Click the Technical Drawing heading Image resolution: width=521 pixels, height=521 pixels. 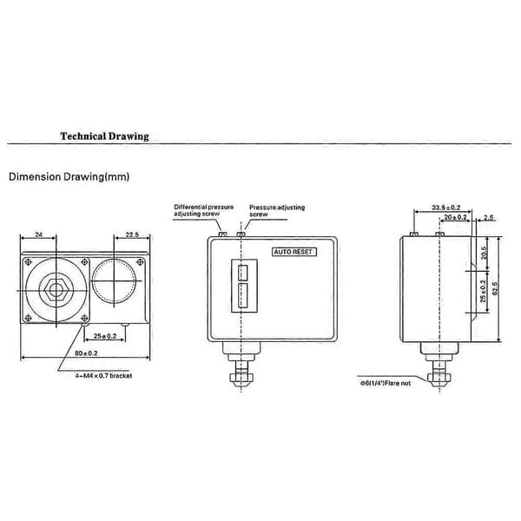pos(104,136)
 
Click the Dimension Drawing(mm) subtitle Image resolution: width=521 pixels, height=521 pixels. pos(69,177)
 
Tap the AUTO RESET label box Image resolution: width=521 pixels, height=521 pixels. pos(294,252)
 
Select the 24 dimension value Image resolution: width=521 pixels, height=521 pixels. pos(39,234)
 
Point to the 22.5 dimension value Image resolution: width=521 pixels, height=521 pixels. pos(132,234)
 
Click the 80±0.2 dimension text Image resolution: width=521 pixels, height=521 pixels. pos(86,353)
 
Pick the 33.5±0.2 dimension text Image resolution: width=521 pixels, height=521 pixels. pos(446,208)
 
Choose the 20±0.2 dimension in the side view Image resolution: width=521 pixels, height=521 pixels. pos(455,217)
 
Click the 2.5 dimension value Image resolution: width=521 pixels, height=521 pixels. pos(488,218)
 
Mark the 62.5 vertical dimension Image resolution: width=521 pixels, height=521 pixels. pos(496,288)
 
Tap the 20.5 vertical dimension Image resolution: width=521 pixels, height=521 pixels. pos(484,253)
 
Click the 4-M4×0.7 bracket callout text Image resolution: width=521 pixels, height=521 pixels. pos(103,376)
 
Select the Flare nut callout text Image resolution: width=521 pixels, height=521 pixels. pos(386,383)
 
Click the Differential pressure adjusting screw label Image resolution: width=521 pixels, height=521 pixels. pos(203,210)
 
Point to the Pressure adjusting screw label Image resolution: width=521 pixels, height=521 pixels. pos(277,211)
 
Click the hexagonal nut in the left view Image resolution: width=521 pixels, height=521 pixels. pos(56,290)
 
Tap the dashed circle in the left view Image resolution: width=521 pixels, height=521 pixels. pos(114,281)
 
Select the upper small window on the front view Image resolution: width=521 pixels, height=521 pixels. pos(243,273)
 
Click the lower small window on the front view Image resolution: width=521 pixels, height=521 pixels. pos(243,295)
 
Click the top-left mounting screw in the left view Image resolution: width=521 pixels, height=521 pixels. pos(29,262)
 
